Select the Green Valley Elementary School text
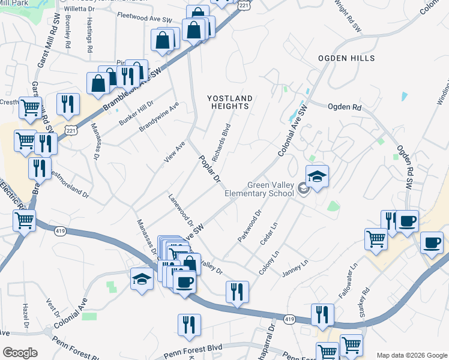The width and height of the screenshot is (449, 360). [259, 189]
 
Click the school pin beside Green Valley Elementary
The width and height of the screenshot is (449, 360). [317, 176]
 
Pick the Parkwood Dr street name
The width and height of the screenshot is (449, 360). [250, 226]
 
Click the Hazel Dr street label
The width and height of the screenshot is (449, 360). [26, 316]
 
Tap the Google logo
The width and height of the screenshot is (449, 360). [20, 353]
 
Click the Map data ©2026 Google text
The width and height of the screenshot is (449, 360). [411, 355]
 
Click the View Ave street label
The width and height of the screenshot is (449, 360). [174, 152]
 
